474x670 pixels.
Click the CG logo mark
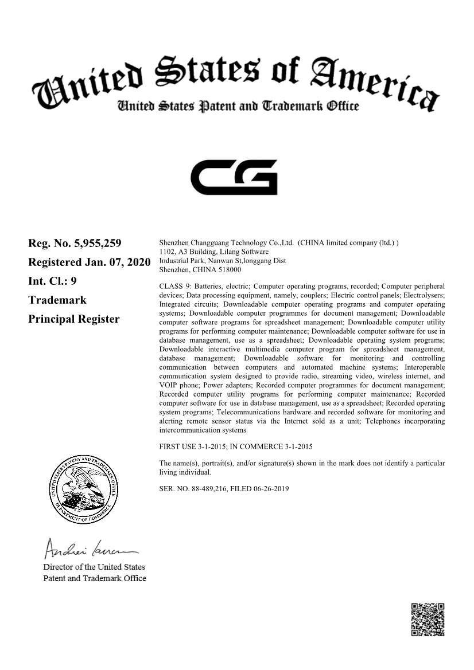(234, 177)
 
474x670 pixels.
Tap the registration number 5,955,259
(98, 244)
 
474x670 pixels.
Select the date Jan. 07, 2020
(118, 262)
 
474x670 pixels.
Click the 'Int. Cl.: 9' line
(52, 281)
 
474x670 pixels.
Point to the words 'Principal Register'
(73, 319)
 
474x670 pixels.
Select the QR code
(428, 620)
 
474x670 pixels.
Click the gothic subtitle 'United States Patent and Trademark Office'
(238, 106)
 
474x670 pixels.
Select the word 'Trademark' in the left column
(57, 300)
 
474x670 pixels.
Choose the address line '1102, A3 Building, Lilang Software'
(213, 252)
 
